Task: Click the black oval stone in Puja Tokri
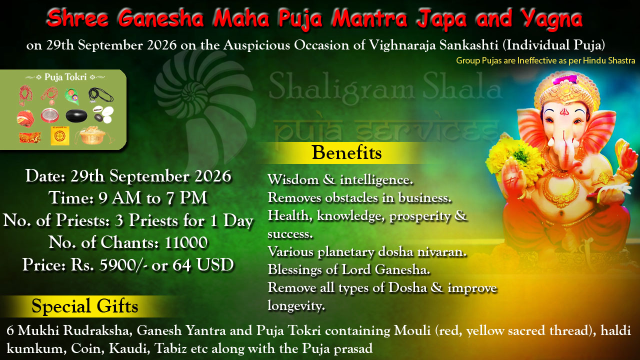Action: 76,115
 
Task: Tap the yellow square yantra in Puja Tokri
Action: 60,135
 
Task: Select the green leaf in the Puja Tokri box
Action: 71,95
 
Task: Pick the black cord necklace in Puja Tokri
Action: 100,95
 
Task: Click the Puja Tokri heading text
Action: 65,77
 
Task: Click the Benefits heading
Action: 346,152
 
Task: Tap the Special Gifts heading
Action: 85,306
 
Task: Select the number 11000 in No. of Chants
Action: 186,242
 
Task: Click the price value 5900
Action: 117,265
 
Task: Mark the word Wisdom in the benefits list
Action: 293,179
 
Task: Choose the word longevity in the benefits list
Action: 296,305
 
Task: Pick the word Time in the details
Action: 71,198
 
